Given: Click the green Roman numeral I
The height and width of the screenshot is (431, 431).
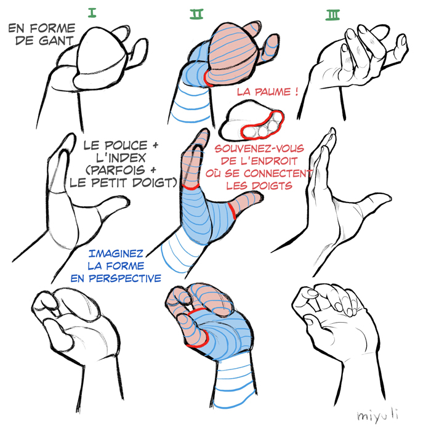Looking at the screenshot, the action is (x=92, y=13).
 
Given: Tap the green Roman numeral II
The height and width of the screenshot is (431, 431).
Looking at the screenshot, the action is (x=196, y=14).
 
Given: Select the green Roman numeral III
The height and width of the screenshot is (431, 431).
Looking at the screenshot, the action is (x=332, y=15).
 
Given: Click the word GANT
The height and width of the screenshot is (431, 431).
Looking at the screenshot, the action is (x=56, y=41).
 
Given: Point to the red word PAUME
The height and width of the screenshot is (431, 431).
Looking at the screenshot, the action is (x=273, y=92).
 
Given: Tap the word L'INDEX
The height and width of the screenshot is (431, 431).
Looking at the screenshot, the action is (x=121, y=158).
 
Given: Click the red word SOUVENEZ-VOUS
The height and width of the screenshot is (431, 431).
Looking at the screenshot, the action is (x=259, y=149).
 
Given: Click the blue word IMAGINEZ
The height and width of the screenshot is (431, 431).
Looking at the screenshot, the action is (x=116, y=254).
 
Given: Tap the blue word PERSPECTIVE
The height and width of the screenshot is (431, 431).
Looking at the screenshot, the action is (x=125, y=278).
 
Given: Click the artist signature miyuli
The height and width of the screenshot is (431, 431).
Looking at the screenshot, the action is (x=377, y=416).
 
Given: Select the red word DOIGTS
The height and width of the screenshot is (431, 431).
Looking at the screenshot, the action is (x=272, y=186).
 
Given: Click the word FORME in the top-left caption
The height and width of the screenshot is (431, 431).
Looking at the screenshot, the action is (x=52, y=28).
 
